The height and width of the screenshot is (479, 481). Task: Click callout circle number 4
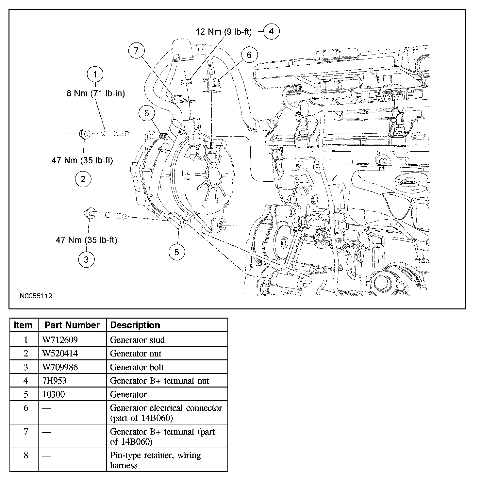pos(271,32)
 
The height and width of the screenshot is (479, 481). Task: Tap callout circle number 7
pos(136,51)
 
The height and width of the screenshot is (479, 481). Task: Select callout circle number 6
pos(249,55)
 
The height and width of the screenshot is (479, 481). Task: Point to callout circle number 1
pos(95,74)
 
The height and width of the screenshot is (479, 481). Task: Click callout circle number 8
pos(146,113)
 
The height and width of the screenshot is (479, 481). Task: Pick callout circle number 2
pos(83,179)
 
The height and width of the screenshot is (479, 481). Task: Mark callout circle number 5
pos(177,252)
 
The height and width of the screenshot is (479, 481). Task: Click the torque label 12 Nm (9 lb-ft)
pos(224,32)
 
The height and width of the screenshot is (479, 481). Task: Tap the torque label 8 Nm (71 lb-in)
pos(96,93)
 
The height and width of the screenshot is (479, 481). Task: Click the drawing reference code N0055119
pos(36,296)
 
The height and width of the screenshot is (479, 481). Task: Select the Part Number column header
pos(72,325)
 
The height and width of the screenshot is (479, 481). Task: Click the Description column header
pos(135,325)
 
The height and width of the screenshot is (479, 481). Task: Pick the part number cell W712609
pos(60,340)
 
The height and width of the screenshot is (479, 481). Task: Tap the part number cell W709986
pos(60,367)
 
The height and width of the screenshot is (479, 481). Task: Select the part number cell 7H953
pos(54,381)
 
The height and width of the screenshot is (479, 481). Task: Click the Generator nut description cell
pos(136,354)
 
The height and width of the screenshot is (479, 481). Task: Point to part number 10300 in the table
pos(54,394)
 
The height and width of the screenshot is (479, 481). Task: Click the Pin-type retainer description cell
pos(156,460)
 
